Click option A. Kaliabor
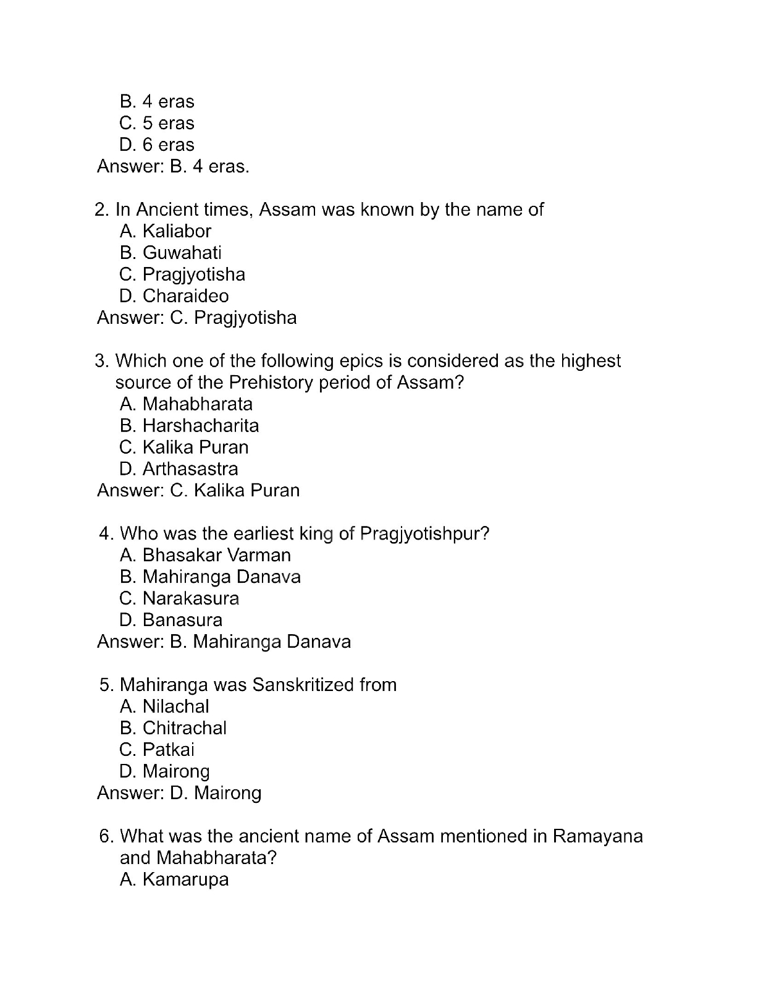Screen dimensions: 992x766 pyautogui.click(x=165, y=231)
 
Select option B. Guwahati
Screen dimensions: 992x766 pyautogui.click(x=170, y=253)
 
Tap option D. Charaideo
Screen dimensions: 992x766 pyautogui.click(x=174, y=296)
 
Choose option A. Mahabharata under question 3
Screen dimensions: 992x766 pyautogui.click(x=186, y=404)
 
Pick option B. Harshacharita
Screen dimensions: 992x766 pyautogui.click(x=189, y=426)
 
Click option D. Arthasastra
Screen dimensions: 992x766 pyautogui.click(x=179, y=469)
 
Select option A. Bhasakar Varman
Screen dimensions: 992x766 pyautogui.click(x=205, y=555)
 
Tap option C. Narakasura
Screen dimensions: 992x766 pyautogui.click(x=179, y=598)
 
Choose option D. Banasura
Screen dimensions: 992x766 pyautogui.click(x=170, y=620)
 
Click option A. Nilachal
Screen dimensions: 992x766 pyautogui.click(x=164, y=706)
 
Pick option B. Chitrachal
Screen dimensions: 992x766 pyautogui.click(x=173, y=728)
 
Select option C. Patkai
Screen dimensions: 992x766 pyautogui.click(x=157, y=750)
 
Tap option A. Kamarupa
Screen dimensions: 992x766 pyautogui.click(x=174, y=880)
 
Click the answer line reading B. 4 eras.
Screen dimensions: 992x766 pyautogui.click(x=173, y=166)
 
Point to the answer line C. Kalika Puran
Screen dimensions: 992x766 pyautogui.click(x=198, y=491)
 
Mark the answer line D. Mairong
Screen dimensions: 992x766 pyautogui.click(x=179, y=793)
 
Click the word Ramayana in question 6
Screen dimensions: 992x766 pyautogui.click(x=597, y=836)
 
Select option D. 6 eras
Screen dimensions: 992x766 pyautogui.click(x=157, y=145)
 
